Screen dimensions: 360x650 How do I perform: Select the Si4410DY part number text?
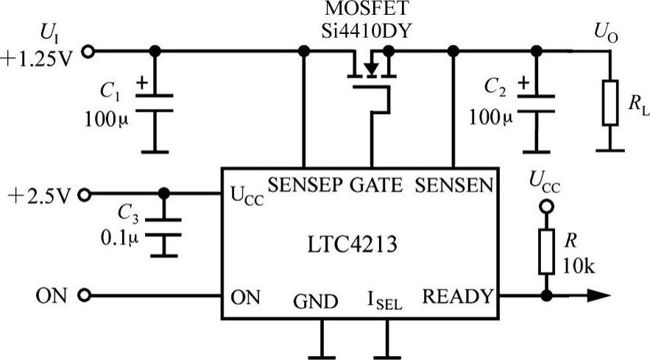[361, 32]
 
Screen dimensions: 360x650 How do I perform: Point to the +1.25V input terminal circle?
[89, 51]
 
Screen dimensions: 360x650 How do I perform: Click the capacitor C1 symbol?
[155, 102]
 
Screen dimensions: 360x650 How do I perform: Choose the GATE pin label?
[375, 186]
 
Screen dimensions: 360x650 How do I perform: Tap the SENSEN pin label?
[453, 186]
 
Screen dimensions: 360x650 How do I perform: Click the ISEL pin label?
[384, 301]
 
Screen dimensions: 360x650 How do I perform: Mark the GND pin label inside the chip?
[316, 301]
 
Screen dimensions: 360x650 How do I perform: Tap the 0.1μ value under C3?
[121, 239]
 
